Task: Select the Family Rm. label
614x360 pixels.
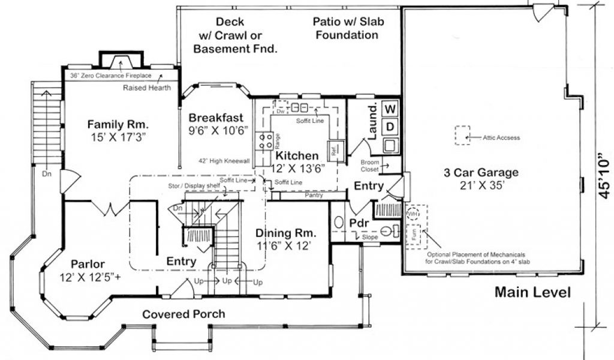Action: [118, 125]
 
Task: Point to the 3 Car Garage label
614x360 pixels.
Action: [481, 173]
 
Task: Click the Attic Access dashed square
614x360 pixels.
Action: [462, 135]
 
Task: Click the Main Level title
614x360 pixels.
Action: [532, 293]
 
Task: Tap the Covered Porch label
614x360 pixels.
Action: [183, 314]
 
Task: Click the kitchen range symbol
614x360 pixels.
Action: [263, 141]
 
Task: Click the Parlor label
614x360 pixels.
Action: [88, 264]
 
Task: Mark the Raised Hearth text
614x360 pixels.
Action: [147, 88]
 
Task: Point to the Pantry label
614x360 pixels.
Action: [314, 195]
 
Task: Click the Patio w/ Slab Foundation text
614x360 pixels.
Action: [348, 28]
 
